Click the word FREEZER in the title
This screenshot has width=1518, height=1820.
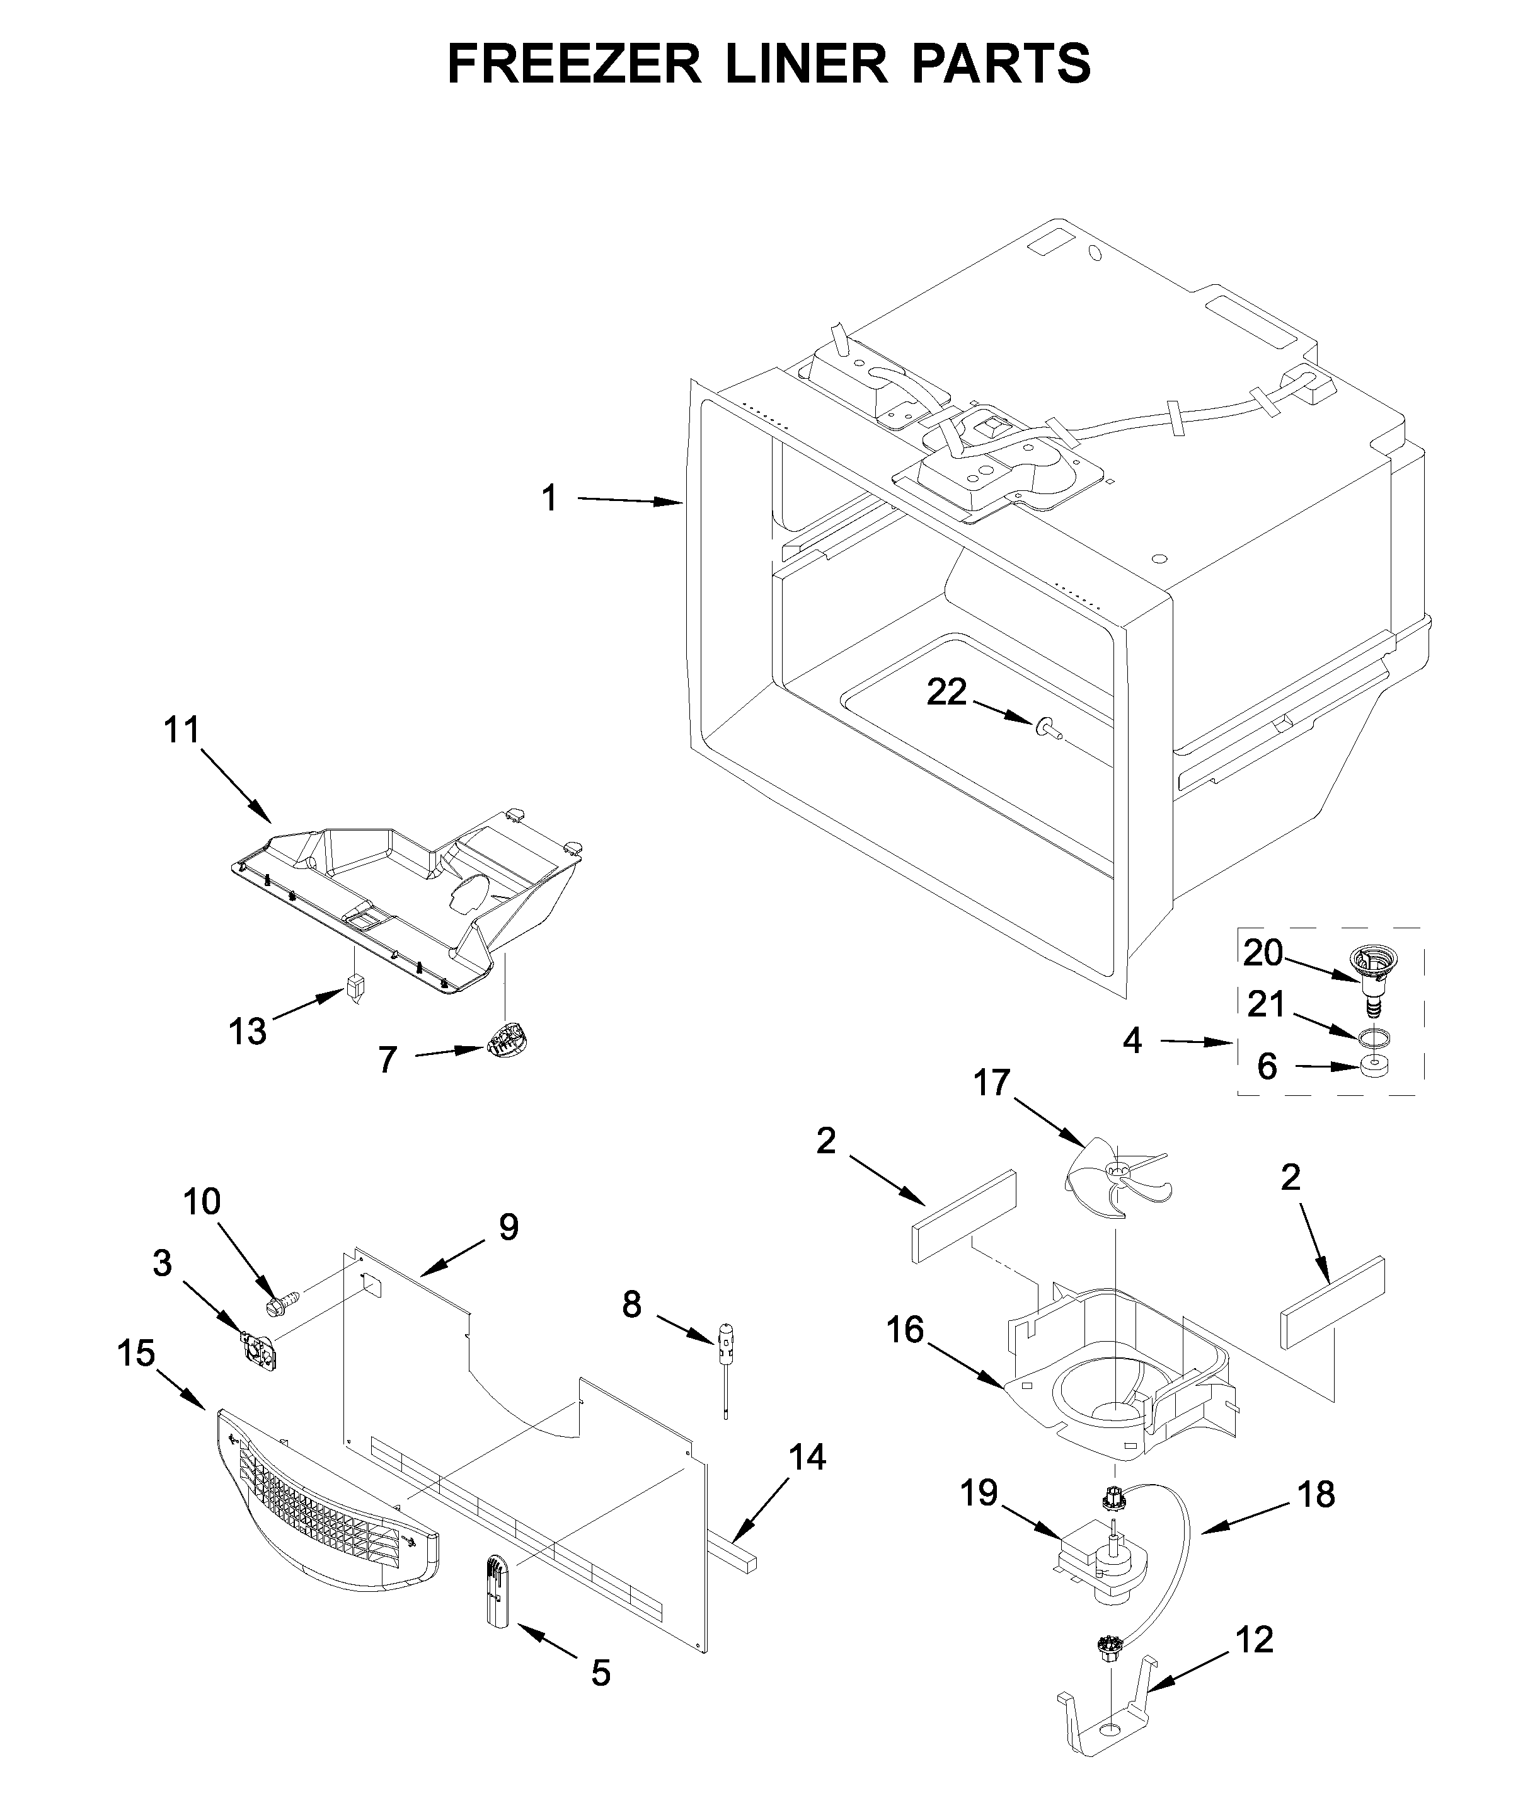point(573,63)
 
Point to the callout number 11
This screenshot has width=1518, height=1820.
point(182,730)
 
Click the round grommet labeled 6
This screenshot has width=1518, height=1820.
point(1375,1066)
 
